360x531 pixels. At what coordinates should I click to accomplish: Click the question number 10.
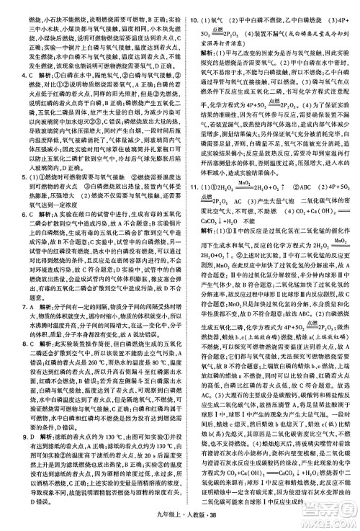(189, 5)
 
